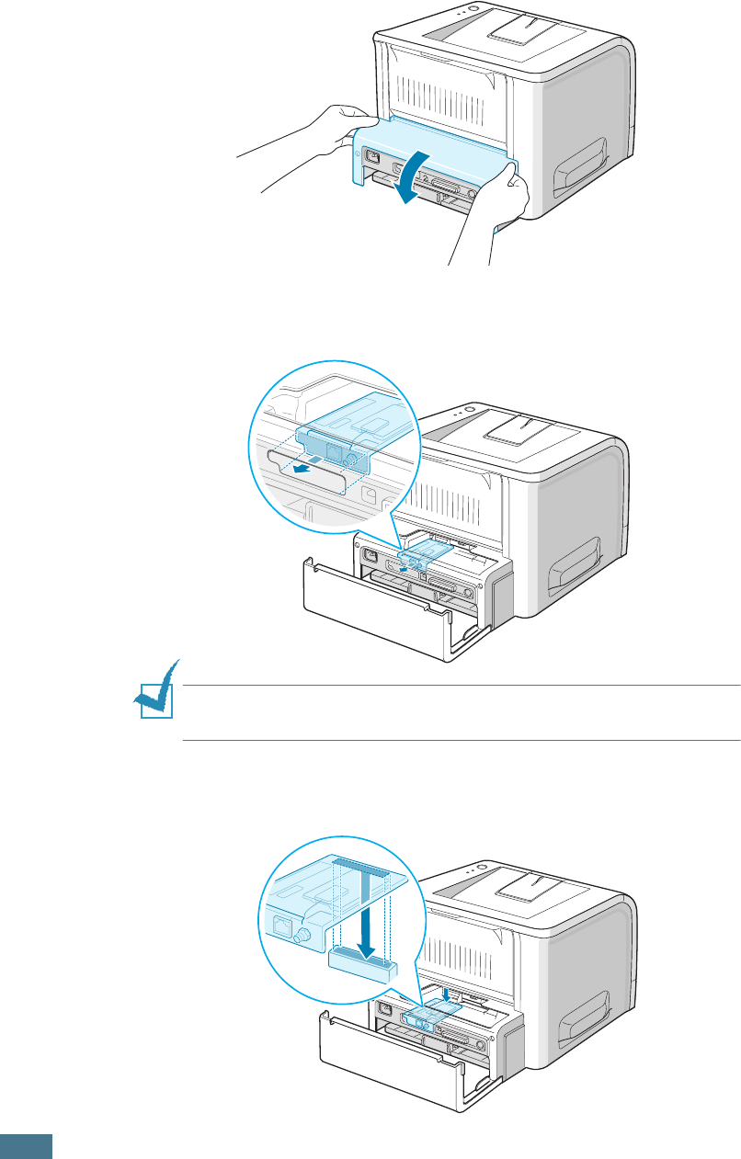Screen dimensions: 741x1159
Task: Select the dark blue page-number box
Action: click(27, 1145)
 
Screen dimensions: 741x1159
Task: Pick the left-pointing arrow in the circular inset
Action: click(299, 464)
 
